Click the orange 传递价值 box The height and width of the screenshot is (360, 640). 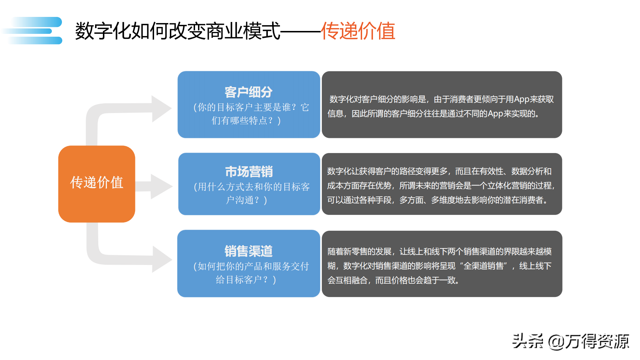click(x=96, y=184)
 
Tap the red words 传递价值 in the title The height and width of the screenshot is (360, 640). click(x=358, y=31)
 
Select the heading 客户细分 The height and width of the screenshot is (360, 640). click(x=248, y=92)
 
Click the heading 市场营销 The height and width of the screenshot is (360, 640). click(x=249, y=172)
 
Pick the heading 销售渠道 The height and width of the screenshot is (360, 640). click(x=248, y=251)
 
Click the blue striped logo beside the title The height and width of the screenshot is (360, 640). click(x=35, y=31)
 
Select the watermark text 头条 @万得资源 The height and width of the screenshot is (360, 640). click(x=571, y=341)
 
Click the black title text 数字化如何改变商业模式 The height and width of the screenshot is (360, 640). click(x=177, y=31)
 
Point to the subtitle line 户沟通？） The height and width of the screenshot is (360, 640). click(x=247, y=200)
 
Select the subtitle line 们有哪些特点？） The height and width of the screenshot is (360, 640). click(x=246, y=121)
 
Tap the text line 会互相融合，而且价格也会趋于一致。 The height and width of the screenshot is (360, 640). click(x=393, y=280)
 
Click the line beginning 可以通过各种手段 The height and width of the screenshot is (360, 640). click(x=438, y=200)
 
